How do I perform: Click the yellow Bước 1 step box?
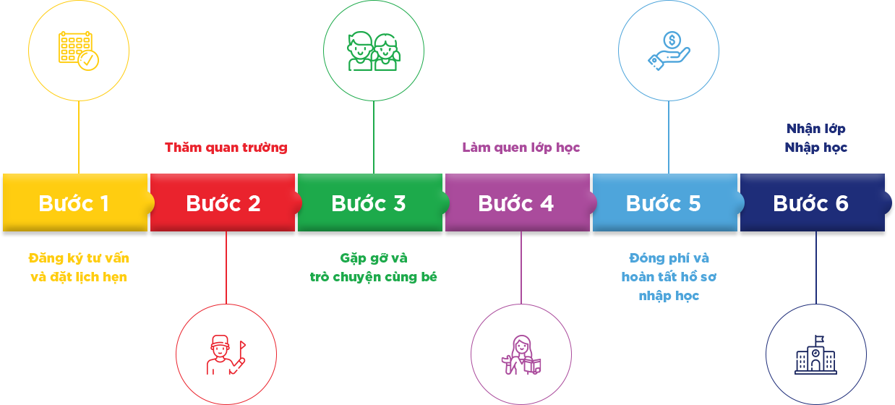(x=75, y=203)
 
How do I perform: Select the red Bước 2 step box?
(x=223, y=203)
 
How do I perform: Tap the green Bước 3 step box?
(x=369, y=203)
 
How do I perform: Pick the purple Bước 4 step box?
(x=517, y=203)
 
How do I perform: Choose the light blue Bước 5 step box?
(x=664, y=203)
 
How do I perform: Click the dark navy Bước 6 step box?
(x=812, y=203)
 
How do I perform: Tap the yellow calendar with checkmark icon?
(x=79, y=51)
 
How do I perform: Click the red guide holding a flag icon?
(x=226, y=354)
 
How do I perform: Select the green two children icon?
(x=374, y=51)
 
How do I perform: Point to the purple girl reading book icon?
(x=521, y=354)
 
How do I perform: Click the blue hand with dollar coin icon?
(x=669, y=51)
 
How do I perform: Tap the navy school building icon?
(x=816, y=354)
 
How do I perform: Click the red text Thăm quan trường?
(x=226, y=148)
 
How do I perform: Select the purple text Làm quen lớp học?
(x=521, y=148)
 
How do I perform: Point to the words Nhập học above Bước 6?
(x=816, y=148)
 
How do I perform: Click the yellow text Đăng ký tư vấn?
(x=79, y=258)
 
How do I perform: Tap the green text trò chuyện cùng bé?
(x=374, y=277)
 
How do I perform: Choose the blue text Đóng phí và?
(x=669, y=258)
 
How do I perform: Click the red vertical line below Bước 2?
(x=226, y=268)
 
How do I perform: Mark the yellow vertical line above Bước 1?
(x=79, y=137)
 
